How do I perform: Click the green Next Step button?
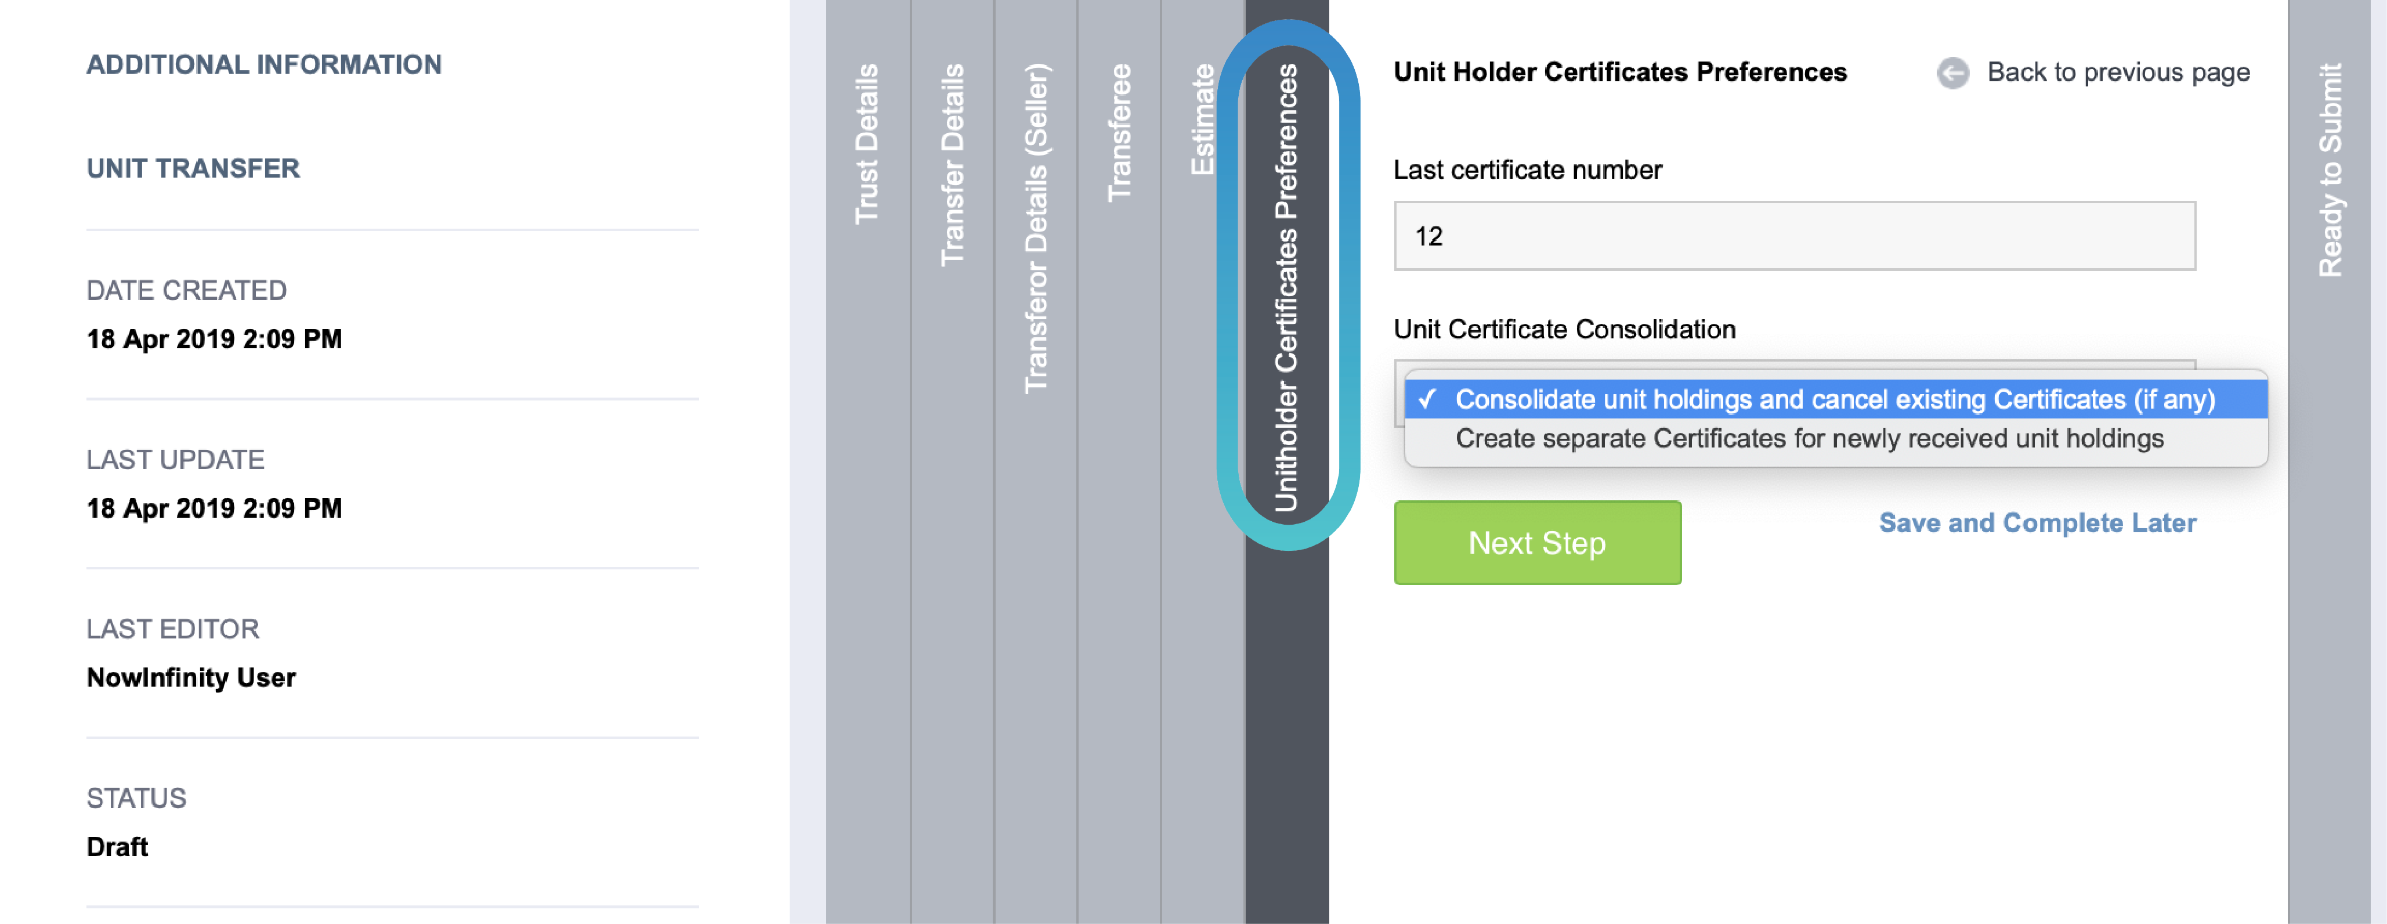(x=1536, y=542)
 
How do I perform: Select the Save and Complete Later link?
(x=2037, y=523)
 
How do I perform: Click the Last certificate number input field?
(x=1794, y=236)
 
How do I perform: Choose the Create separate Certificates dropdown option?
(x=1809, y=438)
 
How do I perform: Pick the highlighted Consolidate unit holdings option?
(x=1835, y=399)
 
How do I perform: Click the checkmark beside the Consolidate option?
(x=1427, y=399)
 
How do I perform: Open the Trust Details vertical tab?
(x=866, y=144)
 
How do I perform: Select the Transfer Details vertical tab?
(x=952, y=164)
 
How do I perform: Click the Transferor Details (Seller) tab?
(x=1036, y=227)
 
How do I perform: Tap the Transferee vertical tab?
(x=1119, y=132)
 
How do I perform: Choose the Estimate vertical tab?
(x=1202, y=118)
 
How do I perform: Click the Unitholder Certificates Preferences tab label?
(x=1286, y=287)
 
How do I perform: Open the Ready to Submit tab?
(x=2330, y=169)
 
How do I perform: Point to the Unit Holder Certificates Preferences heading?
(x=1620, y=73)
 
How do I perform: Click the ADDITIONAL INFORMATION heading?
(x=264, y=65)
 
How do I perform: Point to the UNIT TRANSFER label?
(x=193, y=169)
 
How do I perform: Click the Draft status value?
(x=117, y=846)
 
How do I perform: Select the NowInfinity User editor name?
(x=191, y=677)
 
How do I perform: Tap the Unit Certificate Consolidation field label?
(x=1564, y=329)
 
